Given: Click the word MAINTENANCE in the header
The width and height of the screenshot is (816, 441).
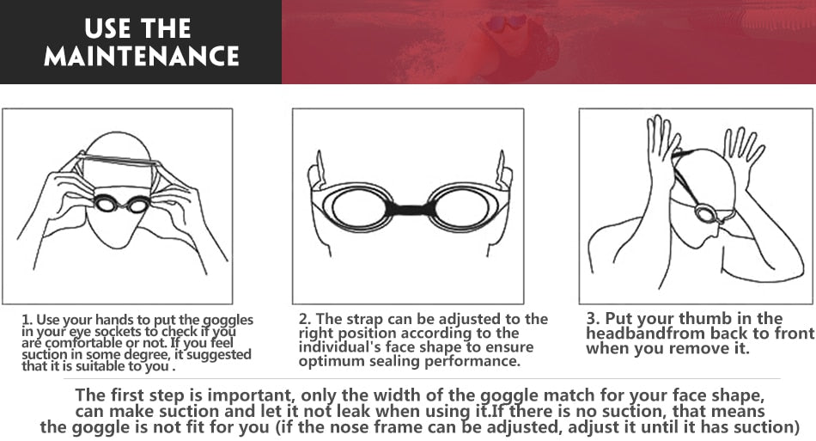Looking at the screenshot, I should click(141, 56).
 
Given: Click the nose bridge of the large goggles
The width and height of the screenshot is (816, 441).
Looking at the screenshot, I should click(408, 208).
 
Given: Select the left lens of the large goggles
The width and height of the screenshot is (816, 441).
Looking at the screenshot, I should click(360, 207).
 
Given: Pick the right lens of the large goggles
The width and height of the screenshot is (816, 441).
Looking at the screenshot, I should click(456, 207).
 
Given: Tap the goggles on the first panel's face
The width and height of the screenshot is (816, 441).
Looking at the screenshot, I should click(121, 204).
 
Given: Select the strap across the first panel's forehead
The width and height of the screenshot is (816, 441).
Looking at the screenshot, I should click(117, 160).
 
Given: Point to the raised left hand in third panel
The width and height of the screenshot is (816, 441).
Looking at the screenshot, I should click(661, 150).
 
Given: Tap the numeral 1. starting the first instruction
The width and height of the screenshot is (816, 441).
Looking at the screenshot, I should click(27, 321).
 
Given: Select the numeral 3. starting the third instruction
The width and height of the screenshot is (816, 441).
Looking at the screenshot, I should click(593, 318).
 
